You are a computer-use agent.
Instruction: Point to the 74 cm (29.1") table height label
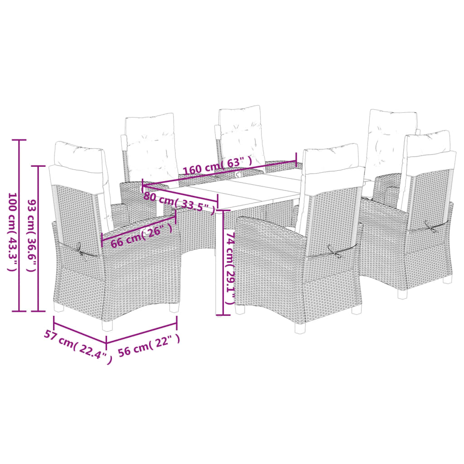coord(230,269)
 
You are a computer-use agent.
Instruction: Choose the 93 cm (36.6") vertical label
coord(31,235)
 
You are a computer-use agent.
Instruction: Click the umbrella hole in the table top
coord(238,173)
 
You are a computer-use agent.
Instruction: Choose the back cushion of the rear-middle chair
coord(241,135)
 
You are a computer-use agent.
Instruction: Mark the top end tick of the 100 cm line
coord(19,140)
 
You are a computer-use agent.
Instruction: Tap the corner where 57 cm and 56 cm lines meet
coord(106,343)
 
